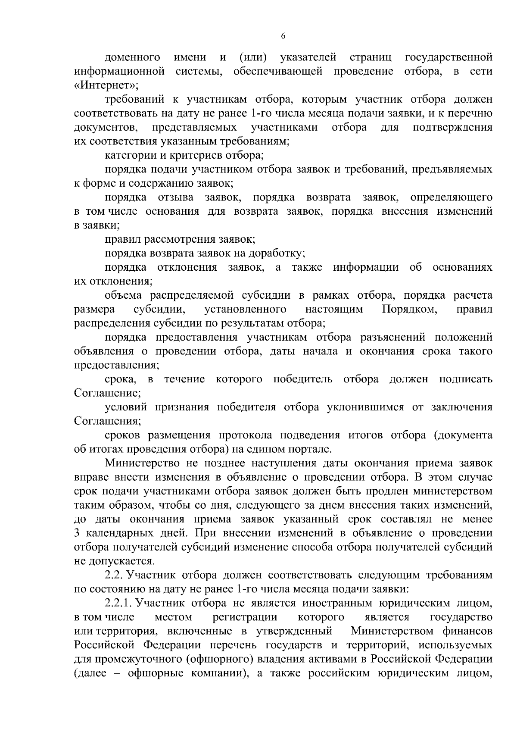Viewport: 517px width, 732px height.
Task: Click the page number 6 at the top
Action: tap(283, 36)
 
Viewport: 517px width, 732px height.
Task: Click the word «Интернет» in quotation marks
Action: tap(106, 85)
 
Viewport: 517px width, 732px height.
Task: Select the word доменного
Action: tap(133, 57)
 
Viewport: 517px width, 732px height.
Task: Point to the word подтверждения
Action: tap(452, 127)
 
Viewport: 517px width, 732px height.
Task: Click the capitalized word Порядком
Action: tap(409, 309)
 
